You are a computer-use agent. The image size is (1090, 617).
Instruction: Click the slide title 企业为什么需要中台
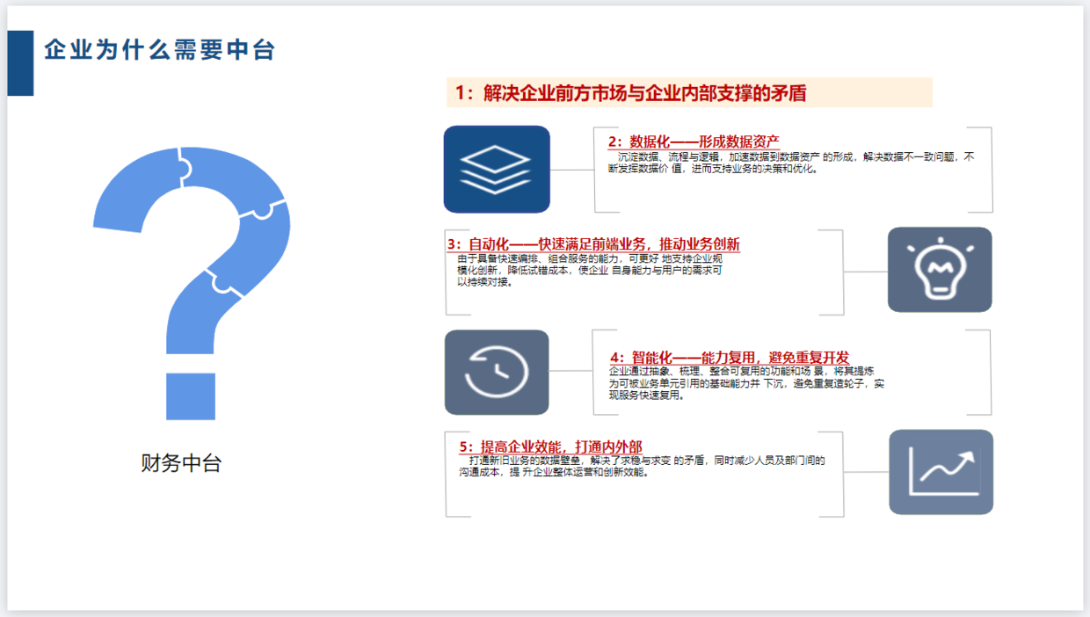[160, 49]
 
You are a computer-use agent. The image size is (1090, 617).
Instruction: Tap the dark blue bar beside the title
[20, 63]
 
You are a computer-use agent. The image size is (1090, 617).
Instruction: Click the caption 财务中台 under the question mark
[181, 462]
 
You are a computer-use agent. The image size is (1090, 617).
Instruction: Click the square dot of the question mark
[191, 396]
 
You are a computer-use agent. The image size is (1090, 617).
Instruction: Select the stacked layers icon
[497, 170]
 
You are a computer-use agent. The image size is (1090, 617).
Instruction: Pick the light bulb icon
[940, 270]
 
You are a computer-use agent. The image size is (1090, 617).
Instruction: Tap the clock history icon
[497, 373]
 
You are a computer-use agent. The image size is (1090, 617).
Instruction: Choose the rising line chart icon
[941, 472]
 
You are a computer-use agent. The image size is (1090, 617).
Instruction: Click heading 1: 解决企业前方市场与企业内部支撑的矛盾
[630, 93]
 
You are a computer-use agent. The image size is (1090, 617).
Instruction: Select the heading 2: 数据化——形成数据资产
[694, 142]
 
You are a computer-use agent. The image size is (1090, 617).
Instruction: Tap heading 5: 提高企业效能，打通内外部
[551, 446]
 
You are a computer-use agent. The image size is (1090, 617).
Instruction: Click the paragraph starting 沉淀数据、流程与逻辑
[791, 163]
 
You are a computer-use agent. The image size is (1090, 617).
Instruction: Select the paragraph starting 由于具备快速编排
[590, 270]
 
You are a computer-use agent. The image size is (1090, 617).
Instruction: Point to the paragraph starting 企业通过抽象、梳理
[746, 383]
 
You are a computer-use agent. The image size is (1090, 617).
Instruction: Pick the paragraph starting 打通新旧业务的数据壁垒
[642, 466]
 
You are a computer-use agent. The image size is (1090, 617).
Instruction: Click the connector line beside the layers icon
[572, 170]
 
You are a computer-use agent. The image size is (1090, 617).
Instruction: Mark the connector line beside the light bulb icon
[866, 272]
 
